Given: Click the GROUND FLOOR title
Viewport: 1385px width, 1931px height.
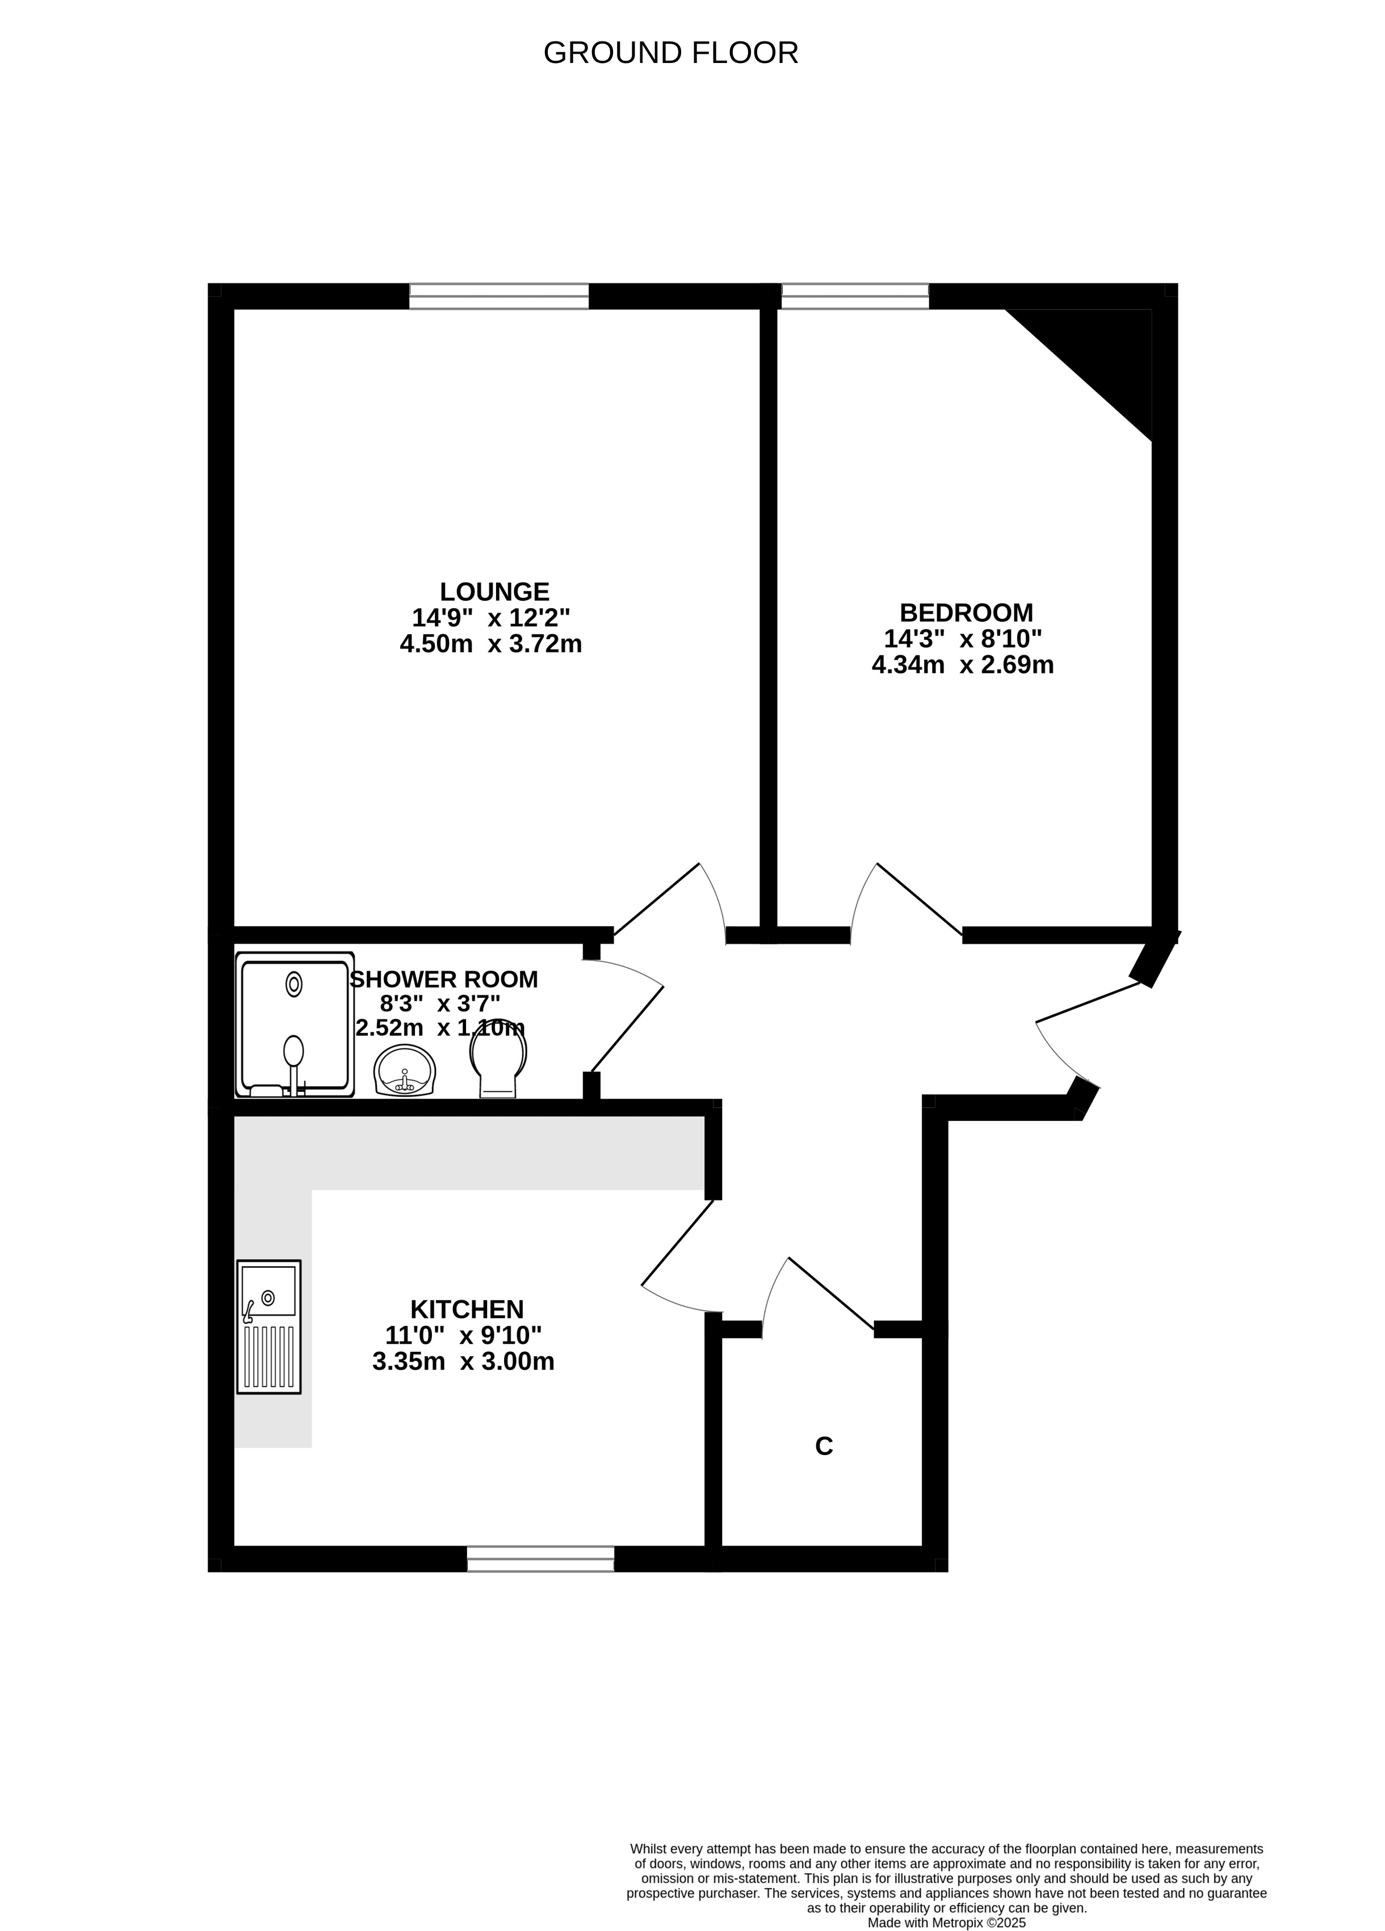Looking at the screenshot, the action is coord(670,53).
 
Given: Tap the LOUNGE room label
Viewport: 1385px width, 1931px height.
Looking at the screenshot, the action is coord(494,591).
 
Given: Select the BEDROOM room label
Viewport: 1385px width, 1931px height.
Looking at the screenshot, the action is coord(966,612).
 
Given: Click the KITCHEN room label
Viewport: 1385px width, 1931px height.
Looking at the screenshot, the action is coord(467,1309).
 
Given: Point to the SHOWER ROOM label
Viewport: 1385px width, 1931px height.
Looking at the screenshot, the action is coord(444,979).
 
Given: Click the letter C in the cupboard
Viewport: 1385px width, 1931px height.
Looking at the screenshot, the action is coord(824,1445).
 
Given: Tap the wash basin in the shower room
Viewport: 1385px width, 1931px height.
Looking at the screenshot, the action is coord(405,1070).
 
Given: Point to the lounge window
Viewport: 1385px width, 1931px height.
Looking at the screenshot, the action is coord(499,296).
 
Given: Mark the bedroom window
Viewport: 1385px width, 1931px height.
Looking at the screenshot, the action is coord(855,296).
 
